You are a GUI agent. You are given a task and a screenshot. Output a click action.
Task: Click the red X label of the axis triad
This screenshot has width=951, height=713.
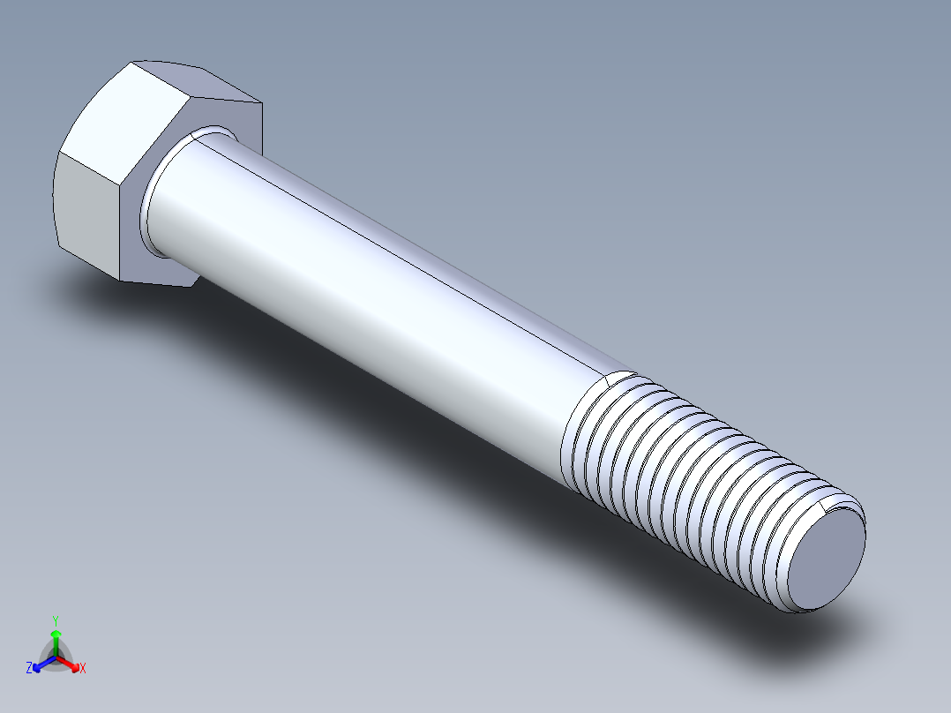point(83,669)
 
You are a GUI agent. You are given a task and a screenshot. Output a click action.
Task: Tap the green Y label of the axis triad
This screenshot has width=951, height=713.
point(56,619)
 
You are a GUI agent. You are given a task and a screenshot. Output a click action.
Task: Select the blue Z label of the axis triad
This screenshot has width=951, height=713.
point(29,668)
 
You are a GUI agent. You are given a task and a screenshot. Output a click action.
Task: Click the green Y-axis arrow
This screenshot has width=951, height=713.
point(56,637)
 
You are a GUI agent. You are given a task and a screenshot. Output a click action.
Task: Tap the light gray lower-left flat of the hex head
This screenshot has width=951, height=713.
point(86,212)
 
